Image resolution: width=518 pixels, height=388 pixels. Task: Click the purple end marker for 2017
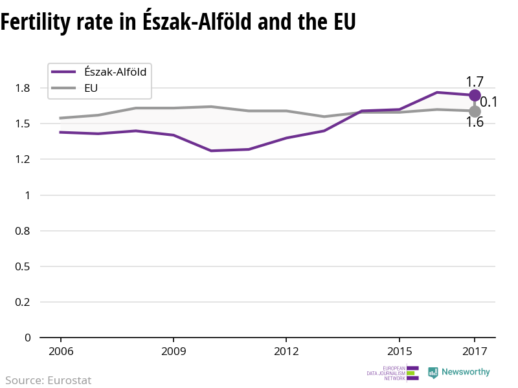475,95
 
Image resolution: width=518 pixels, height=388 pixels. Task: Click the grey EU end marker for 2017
475,111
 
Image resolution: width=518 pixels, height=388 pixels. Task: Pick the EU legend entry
91,88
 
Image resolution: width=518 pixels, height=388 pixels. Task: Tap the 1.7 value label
475,81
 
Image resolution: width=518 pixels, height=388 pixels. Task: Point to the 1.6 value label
475,122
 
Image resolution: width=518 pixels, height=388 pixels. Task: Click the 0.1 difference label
488,102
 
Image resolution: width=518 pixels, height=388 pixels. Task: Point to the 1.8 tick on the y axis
23,88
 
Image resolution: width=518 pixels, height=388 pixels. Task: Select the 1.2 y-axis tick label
23,159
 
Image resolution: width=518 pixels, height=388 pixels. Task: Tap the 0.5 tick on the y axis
23,266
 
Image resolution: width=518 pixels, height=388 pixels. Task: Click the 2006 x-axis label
60,351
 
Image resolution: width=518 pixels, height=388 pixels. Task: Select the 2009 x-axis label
174,351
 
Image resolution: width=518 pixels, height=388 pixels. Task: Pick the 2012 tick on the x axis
286,351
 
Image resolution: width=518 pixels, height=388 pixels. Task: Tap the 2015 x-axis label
400,351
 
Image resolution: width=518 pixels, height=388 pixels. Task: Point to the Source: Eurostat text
49,380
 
